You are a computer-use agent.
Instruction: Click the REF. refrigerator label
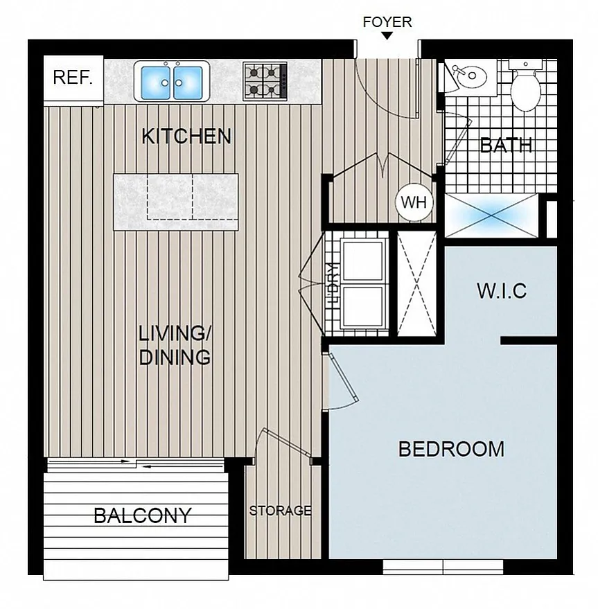pyautogui.click(x=73, y=78)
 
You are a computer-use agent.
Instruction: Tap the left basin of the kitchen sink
pyautogui.click(x=155, y=82)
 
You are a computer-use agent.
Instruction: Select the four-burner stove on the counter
pyautogui.click(x=265, y=81)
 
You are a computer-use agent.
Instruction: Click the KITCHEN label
pyautogui.click(x=186, y=136)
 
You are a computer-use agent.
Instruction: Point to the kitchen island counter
pyautogui.click(x=175, y=202)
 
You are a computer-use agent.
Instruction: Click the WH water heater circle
pyautogui.click(x=414, y=202)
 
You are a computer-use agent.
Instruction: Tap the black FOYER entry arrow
pyautogui.click(x=387, y=36)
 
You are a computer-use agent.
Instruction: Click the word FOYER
pyautogui.click(x=387, y=22)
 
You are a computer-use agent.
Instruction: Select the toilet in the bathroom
pyautogui.click(x=525, y=85)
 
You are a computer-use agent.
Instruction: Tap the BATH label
pyautogui.click(x=506, y=145)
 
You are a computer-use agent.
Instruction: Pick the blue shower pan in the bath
pyautogui.click(x=491, y=215)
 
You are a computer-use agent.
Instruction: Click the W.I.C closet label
pyautogui.click(x=502, y=290)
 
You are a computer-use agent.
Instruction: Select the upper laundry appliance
pyautogui.click(x=363, y=260)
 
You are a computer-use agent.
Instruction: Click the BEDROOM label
pyautogui.click(x=451, y=449)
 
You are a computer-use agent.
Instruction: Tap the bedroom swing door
pyautogui.click(x=343, y=377)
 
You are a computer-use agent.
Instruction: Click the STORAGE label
pyautogui.click(x=280, y=511)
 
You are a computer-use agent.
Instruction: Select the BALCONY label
pyautogui.click(x=143, y=515)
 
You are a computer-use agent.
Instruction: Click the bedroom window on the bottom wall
pyautogui.click(x=443, y=567)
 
